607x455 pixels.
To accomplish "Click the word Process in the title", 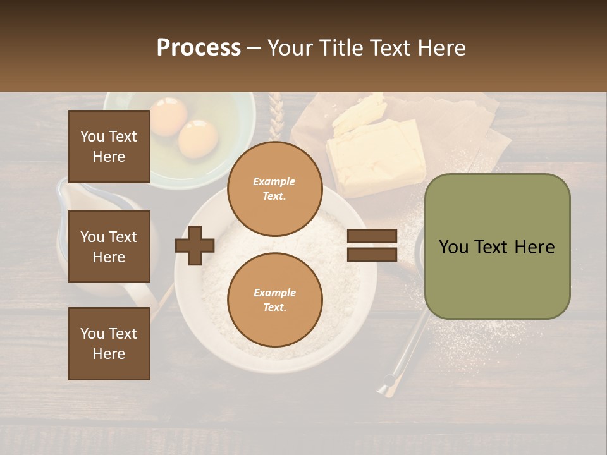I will [199, 48].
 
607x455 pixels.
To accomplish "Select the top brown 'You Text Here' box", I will [109, 147].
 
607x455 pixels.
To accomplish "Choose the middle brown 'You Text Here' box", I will [109, 246].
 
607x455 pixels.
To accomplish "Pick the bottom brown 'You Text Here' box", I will [109, 344].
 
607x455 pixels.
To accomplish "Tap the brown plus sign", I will [195, 245].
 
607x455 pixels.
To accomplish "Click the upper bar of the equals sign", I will [372, 237].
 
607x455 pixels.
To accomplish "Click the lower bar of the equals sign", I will [372, 254].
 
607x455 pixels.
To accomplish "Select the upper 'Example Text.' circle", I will [274, 189].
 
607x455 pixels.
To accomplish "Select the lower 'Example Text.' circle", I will [274, 300].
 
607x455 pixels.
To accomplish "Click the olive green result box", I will [497, 246].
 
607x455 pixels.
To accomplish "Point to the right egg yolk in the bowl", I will [198, 138].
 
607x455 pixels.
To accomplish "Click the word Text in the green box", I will [496, 247].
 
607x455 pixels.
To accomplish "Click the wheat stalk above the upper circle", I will [274, 117].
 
